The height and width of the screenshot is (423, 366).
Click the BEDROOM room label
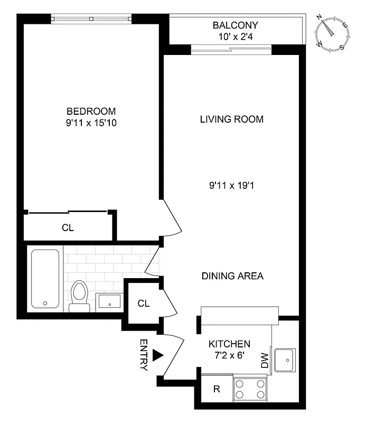pyautogui.click(x=91, y=111)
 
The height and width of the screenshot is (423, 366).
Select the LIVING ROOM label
pyautogui.click(x=231, y=119)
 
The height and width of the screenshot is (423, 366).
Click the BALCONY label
pyautogui.click(x=236, y=25)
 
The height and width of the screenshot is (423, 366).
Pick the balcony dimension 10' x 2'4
pyautogui.click(x=236, y=36)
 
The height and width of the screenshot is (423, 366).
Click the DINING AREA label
pyautogui.click(x=232, y=276)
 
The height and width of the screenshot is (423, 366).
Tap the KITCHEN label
pyautogui.click(x=229, y=343)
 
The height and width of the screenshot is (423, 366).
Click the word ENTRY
pyautogui.click(x=143, y=355)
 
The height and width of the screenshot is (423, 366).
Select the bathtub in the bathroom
pyautogui.click(x=45, y=279)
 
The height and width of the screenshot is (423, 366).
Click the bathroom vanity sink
pyautogui.click(x=109, y=301)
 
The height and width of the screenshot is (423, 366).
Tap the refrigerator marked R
pyautogui.click(x=217, y=389)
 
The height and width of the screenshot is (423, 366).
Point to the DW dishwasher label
pyautogui.click(x=265, y=361)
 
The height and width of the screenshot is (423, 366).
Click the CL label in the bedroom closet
pyautogui.click(x=68, y=228)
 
